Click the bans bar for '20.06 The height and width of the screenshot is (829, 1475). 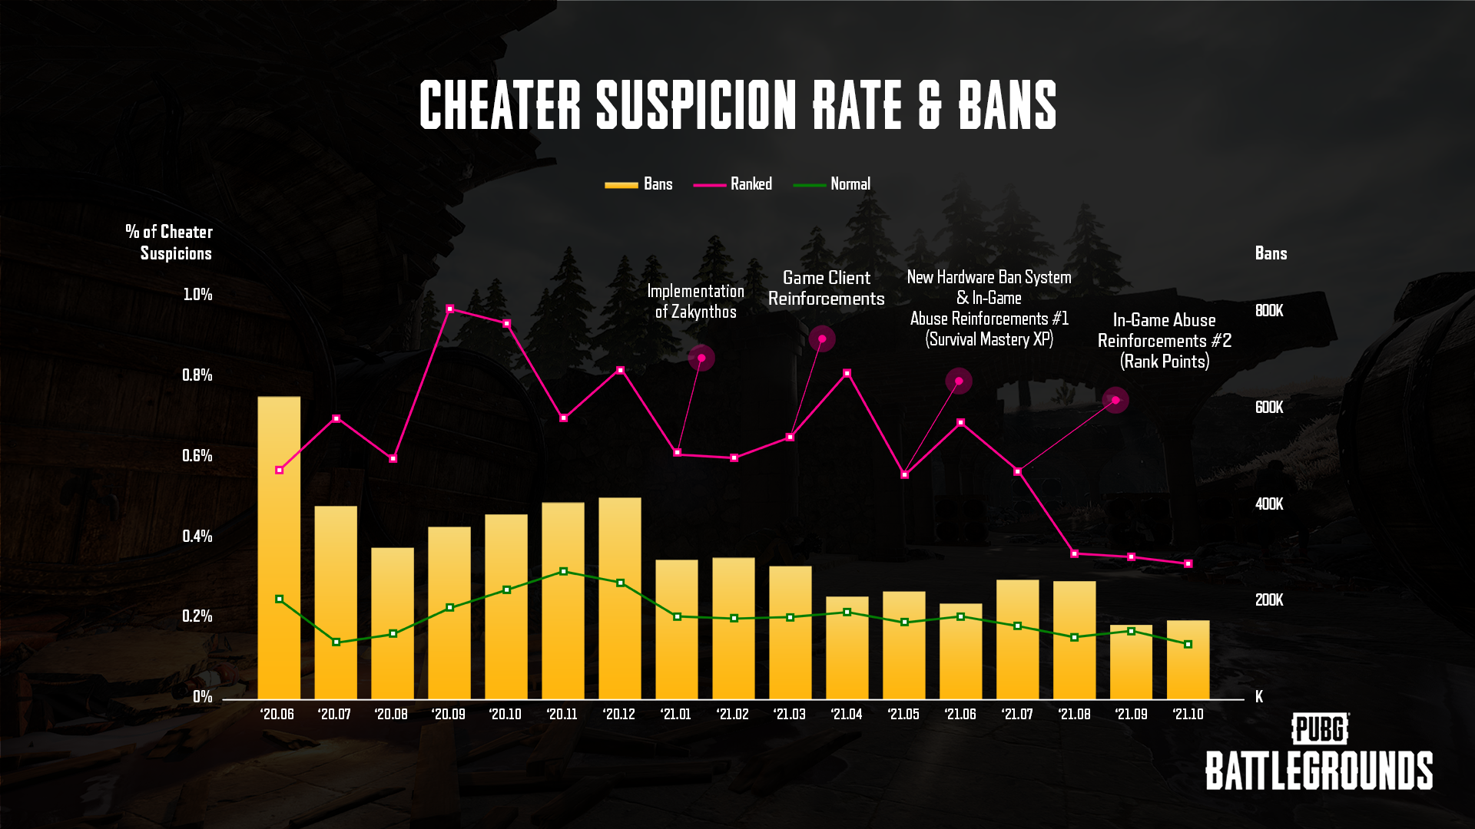tap(279, 548)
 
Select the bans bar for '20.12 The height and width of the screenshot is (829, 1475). tap(620, 599)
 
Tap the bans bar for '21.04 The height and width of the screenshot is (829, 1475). tap(847, 648)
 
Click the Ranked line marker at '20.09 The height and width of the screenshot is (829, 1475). tap(450, 309)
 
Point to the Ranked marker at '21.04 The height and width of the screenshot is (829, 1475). tap(847, 374)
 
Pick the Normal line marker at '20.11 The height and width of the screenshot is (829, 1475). tap(564, 571)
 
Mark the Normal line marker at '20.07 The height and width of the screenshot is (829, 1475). tap(336, 642)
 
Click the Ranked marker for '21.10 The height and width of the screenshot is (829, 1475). tap(1188, 563)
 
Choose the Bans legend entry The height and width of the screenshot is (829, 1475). tap(639, 184)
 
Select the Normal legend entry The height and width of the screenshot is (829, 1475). tap(832, 184)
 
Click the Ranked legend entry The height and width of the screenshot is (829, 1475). tap(733, 184)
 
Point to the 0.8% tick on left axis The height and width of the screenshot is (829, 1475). tap(197, 375)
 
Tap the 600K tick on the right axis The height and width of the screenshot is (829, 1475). tap(1269, 408)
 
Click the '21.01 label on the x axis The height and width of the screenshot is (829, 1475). tap(676, 715)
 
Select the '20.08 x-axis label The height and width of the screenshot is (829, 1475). tap(391, 715)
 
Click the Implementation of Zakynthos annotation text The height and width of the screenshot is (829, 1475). tap(695, 302)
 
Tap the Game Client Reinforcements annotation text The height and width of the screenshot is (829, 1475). tap(827, 289)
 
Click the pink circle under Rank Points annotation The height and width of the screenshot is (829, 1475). tap(1115, 400)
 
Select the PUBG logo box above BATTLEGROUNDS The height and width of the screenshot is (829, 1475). tap(1321, 729)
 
